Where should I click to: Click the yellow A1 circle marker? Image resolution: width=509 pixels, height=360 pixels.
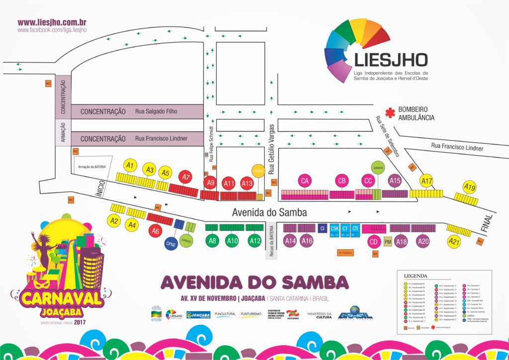[x=130, y=165]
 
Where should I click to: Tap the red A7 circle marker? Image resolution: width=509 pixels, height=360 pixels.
[x=186, y=177]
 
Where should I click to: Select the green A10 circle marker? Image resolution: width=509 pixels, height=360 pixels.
[x=232, y=241]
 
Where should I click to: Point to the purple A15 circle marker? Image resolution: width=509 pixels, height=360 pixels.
[x=395, y=181]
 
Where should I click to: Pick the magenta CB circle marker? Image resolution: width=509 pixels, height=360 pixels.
[x=341, y=181]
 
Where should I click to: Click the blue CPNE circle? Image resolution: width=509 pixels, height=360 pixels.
[x=171, y=244]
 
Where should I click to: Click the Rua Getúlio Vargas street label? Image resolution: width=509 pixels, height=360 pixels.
[x=272, y=149]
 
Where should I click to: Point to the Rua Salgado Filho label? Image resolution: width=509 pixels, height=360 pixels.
[x=156, y=111]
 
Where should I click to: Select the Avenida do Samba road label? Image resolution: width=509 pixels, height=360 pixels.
[x=269, y=212]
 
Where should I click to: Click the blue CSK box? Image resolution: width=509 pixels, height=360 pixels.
[x=335, y=228]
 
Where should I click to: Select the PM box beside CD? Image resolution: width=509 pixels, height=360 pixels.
[x=388, y=242]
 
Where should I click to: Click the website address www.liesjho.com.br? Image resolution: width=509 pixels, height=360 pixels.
[x=53, y=22]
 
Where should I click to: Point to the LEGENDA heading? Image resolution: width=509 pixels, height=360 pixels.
[x=416, y=275]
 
